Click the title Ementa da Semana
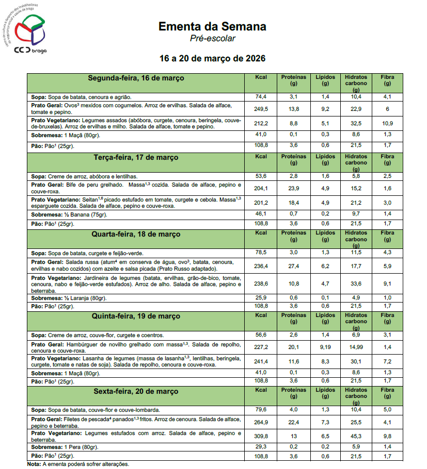pos(212,26)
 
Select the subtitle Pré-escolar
pos(213,38)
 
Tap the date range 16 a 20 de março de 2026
pos(213,58)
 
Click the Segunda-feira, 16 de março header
pos(136,78)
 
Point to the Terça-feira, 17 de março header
pos(136,157)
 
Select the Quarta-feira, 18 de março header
pos(136,234)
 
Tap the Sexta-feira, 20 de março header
pos(136,392)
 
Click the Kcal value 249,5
pos(261,109)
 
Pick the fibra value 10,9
pos(387,123)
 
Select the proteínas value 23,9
pos(294,188)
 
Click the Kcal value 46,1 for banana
pos(261,213)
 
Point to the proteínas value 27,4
pos(294,266)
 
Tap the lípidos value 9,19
pos(325,346)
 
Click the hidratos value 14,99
pos(356,346)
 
